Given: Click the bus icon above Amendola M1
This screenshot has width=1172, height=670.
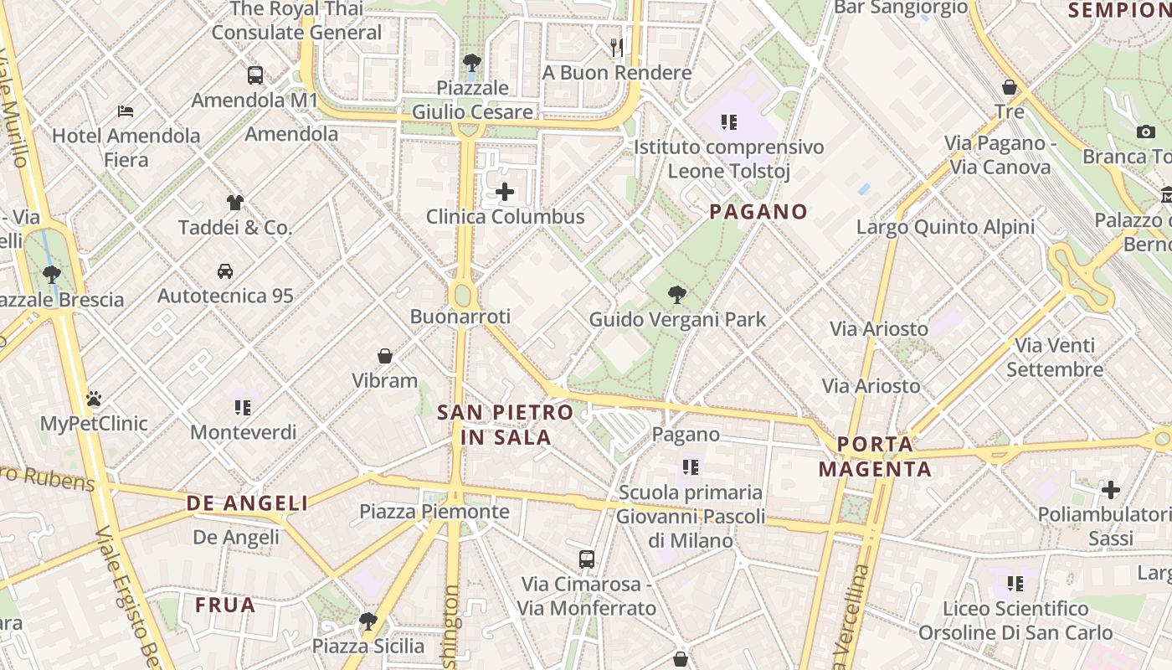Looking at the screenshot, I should coord(255,75).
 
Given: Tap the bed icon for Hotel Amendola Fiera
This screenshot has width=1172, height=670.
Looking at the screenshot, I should coord(126,111).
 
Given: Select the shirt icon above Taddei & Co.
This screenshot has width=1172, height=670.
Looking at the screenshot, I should coord(235,202).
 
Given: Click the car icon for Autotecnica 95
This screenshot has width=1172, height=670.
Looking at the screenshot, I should coord(225,271).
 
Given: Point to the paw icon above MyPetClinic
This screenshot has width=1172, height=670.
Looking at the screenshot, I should coord(94,399).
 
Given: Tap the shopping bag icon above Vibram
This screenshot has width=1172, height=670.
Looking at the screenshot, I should coord(385,356).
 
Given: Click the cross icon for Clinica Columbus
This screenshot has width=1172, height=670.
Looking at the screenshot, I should coord(505,192).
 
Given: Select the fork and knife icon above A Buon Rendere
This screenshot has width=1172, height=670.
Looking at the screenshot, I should coord(617,48).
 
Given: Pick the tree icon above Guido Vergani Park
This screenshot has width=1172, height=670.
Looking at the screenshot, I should coord(677,295).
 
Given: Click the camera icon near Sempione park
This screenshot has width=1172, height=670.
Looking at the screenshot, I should coord(1146,131).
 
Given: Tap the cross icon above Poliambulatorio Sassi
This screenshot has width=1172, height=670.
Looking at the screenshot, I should coord(1111,489).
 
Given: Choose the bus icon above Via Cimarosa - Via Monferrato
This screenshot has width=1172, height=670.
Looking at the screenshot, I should coord(587,559).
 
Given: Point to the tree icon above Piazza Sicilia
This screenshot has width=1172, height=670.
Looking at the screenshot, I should coord(368,621).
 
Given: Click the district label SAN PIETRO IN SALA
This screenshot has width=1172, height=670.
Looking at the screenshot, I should coord(506,425).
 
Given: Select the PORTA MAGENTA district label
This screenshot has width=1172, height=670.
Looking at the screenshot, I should coord(875,456).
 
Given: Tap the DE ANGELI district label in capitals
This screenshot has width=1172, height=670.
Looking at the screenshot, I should coord(247,503).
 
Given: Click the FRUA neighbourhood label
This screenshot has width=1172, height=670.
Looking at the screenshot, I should coord(225,605).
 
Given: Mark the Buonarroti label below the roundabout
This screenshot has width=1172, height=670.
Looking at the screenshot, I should coord(460,317).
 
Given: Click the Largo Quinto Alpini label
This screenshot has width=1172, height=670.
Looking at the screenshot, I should coord(945,227).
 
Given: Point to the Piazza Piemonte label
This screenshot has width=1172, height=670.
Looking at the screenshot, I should coord(434,512).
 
